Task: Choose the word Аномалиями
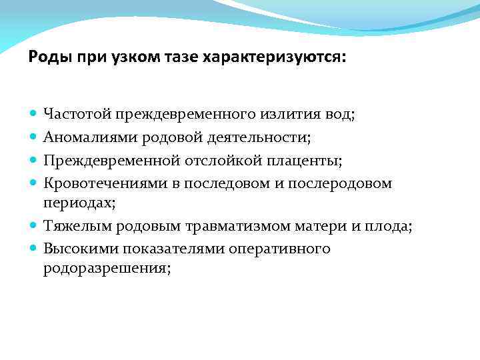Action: pos(86,137)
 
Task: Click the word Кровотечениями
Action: pos(97,182)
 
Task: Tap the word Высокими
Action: pos(76,249)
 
